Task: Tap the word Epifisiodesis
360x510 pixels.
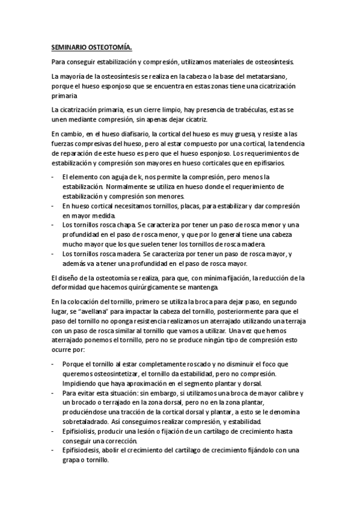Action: point(81,450)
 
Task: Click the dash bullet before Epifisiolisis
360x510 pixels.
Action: point(53,431)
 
